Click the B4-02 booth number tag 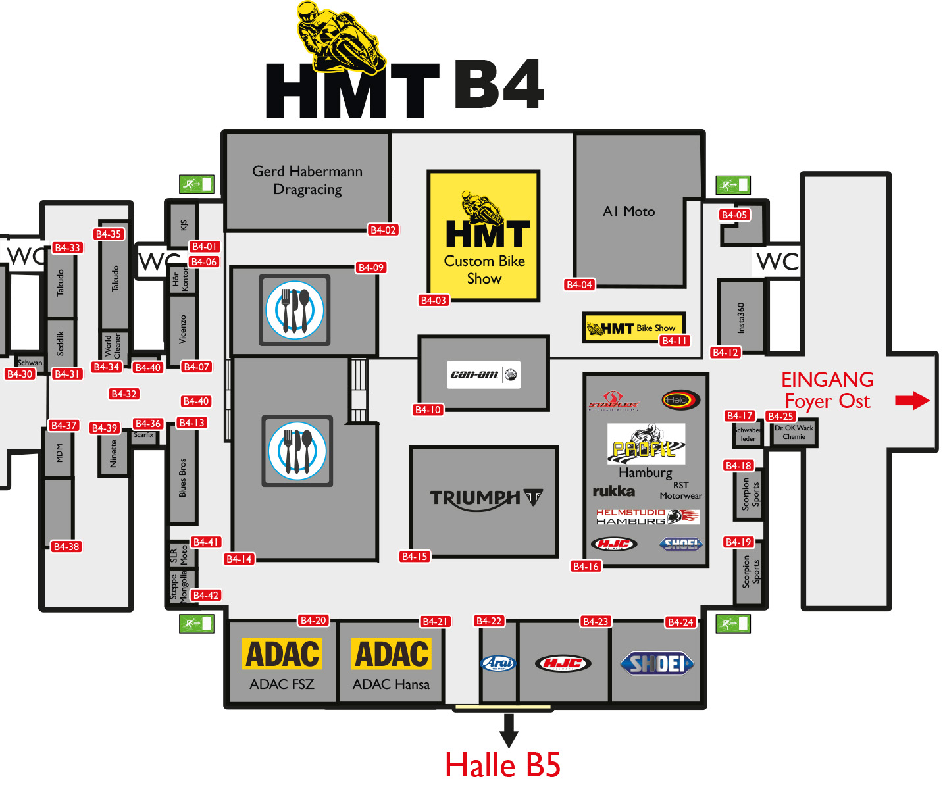383,230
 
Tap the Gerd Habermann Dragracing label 307,180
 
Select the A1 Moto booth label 628,211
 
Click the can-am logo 484,374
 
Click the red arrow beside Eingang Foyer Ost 912,400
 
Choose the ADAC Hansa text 391,684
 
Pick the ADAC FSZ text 282,684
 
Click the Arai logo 498,663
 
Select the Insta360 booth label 741,318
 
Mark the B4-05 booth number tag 734,215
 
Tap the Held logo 680,400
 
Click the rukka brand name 613,491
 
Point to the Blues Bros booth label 182,477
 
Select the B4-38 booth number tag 66,546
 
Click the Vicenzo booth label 182,329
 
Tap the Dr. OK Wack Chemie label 794,432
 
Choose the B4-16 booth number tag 586,566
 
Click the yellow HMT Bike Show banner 633,327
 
